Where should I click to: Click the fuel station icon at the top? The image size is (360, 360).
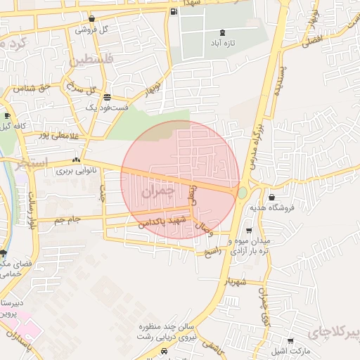[174, 12]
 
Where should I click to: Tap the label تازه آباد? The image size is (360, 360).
[224, 44]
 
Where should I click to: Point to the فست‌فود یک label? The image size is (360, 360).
[106, 108]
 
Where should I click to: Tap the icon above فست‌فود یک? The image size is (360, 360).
[106, 97]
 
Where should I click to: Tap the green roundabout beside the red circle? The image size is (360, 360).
[243, 192]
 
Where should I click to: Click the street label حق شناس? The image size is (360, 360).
[29, 88]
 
